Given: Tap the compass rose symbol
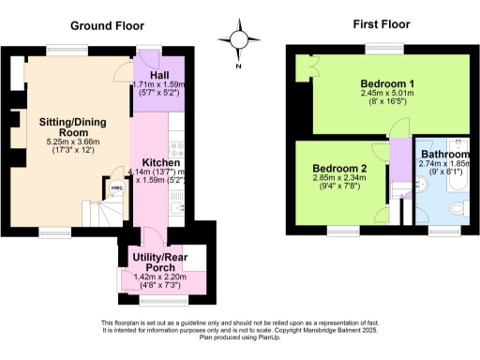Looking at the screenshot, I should (239, 40).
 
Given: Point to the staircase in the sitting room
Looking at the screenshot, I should (100, 212).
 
